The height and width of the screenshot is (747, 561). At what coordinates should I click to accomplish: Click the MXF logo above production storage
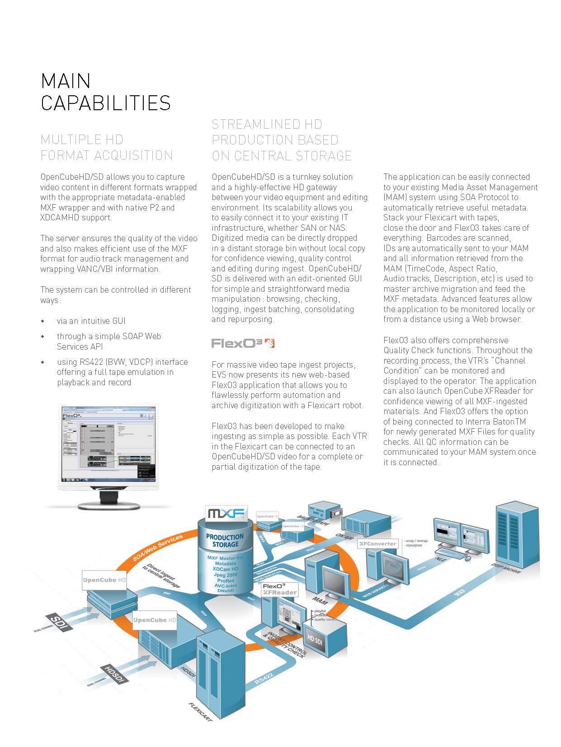coord(226,513)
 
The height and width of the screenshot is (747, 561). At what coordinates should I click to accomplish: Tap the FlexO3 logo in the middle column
coord(243,344)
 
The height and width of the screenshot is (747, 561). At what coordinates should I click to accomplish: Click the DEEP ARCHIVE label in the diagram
coord(506,568)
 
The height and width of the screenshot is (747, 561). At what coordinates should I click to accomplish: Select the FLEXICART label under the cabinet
coord(200,711)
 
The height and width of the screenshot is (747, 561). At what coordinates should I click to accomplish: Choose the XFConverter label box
coord(377,544)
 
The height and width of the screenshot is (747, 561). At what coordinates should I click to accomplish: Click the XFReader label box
coord(280,589)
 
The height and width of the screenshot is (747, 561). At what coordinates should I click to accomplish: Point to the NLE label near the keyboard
coord(440,560)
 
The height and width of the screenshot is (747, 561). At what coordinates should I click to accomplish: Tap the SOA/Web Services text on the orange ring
coord(158,547)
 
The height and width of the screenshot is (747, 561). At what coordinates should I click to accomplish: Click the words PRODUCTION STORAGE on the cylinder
coord(225,541)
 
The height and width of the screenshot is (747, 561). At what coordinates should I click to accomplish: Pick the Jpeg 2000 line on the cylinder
coord(226,575)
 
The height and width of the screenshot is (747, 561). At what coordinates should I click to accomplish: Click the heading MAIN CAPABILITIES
coord(106,92)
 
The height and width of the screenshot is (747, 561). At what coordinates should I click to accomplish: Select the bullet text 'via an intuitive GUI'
coord(91,321)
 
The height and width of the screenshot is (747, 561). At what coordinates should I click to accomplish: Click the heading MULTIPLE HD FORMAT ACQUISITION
coord(107,148)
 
